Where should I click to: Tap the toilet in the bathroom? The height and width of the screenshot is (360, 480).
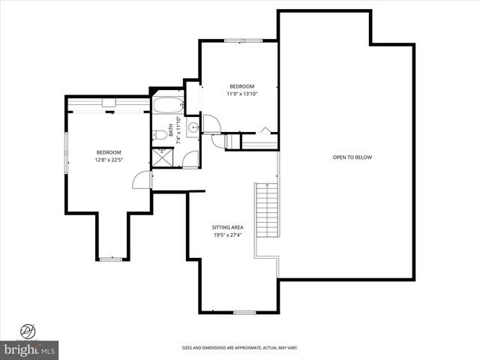coord(160,135)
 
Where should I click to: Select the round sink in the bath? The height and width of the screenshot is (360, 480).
coord(193,128)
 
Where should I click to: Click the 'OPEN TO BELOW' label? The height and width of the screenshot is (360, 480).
coord(352,157)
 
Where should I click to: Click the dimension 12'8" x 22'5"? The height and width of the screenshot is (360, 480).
coord(109,160)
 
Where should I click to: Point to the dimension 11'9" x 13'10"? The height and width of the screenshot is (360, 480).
coord(241,94)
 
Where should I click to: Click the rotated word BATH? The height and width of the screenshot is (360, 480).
coord(171,129)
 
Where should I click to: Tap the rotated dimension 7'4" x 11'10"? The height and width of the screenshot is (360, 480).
coord(178,129)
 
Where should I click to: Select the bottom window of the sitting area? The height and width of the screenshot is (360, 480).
coord(244,312)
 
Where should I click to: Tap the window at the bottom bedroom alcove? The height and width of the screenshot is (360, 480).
coord(111,259)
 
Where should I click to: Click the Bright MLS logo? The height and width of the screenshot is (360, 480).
coord(30,350)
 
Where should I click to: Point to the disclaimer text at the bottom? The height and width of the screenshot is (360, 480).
coord(240,347)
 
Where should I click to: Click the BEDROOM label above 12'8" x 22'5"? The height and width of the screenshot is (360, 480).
coord(109,152)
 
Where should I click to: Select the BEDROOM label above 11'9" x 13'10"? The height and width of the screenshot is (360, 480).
coord(241,86)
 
